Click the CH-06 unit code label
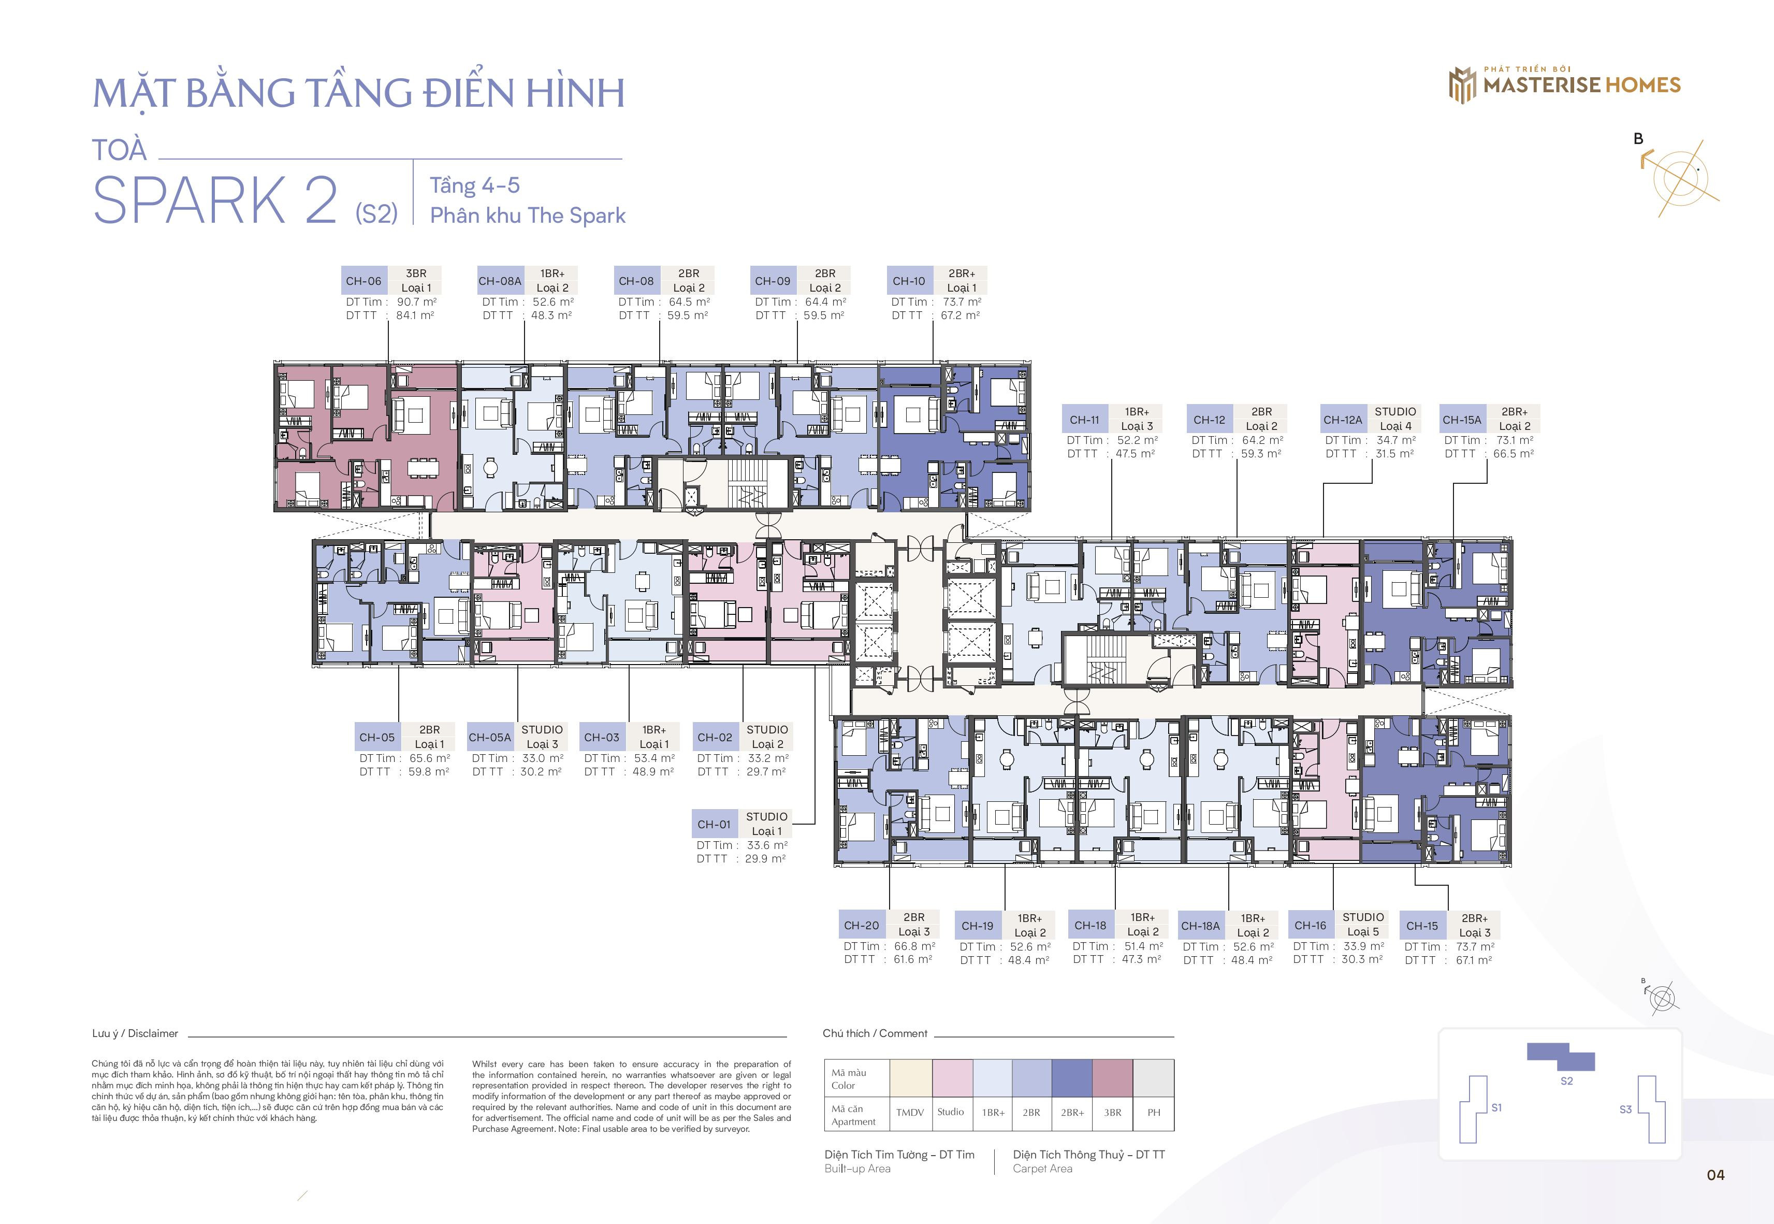(x=363, y=281)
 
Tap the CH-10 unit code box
(x=909, y=281)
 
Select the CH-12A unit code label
(x=1342, y=420)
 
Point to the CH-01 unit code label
(x=714, y=824)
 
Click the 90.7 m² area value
(x=416, y=301)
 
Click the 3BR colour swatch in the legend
(x=1112, y=1077)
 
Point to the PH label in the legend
(x=1154, y=1112)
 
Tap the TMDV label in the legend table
(x=910, y=1112)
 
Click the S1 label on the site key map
(x=1496, y=1107)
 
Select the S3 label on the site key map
(x=1625, y=1109)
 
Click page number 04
(x=1715, y=1175)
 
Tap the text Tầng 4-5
(x=474, y=185)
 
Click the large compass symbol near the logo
(x=1679, y=177)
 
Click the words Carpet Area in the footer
(x=1043, y=1169)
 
